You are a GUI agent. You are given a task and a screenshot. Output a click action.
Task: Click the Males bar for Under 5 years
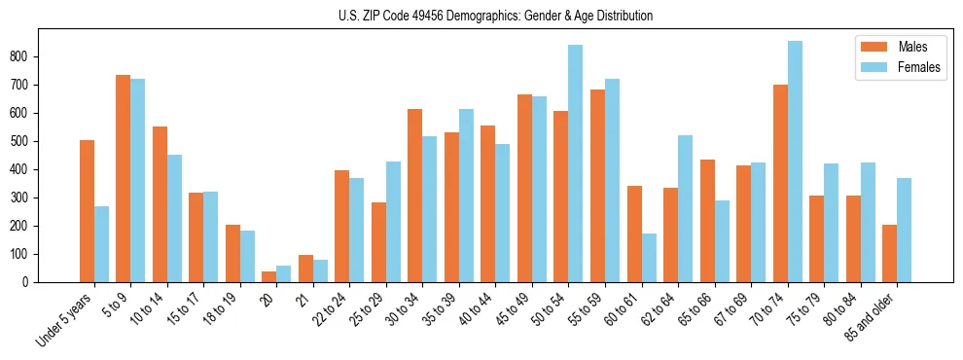(x=87, y=211)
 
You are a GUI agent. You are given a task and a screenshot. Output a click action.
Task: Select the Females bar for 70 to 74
(x=795, y=162)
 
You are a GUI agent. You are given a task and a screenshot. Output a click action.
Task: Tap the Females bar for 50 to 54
(x=576, y=163)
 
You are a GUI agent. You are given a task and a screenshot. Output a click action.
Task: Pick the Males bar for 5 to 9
(x=124, y=178)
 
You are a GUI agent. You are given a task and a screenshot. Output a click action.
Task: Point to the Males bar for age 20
(x=269, y=276)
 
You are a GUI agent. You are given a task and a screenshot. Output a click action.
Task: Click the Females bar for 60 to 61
(x=649, y=258)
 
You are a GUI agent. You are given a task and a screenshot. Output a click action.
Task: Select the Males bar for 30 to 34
(x=415, y=196)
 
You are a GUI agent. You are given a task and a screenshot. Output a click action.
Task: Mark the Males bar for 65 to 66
(x=707, y=221)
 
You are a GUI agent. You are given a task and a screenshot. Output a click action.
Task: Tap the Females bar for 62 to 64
(x=686, y=208)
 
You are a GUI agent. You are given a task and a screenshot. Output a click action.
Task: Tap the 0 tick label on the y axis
(x=31, y=282)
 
